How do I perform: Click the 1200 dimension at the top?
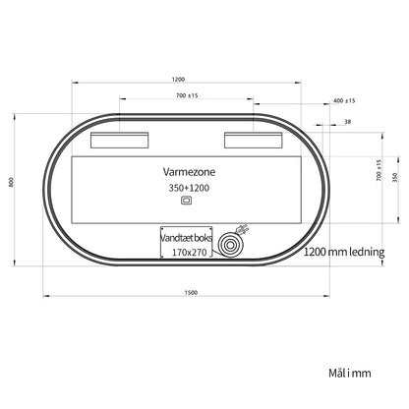point(178,80)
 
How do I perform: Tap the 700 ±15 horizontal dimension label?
point(187,95)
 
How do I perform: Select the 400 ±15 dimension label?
point(344,100)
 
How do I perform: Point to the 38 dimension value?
point(348,122)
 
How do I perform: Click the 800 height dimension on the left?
point(11,182)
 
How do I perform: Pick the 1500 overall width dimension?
point(191,293)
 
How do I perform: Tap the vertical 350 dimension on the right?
point(395,177)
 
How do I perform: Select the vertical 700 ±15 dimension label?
point(380,170)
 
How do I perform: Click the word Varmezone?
point(189,172)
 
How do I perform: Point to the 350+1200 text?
point(189,188)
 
